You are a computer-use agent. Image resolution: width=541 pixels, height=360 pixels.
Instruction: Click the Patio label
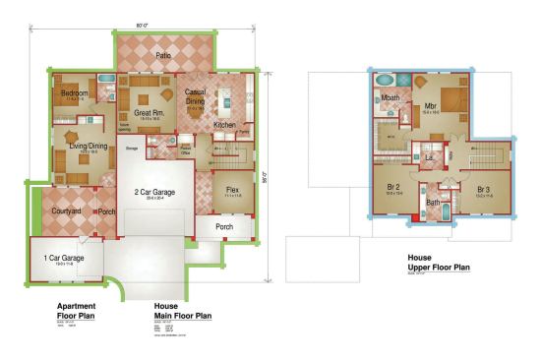click(163, 56)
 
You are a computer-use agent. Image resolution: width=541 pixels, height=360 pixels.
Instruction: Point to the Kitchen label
click(224, 126)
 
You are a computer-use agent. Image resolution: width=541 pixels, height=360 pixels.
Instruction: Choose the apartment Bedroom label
click(76, 93)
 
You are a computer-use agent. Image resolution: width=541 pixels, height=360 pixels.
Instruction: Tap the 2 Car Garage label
click(153, 192)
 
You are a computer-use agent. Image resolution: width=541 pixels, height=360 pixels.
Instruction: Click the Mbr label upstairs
click(431, 106)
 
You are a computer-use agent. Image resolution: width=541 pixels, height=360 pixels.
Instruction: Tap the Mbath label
click(391, 98)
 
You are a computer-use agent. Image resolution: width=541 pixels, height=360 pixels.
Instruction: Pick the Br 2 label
click(394, 188)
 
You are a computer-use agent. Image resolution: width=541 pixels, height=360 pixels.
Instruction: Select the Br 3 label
click(483, 188)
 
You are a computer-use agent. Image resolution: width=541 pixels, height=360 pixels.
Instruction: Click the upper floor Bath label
click(434, 203)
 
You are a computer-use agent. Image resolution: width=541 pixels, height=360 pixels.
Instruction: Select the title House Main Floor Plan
click(182, 311)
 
